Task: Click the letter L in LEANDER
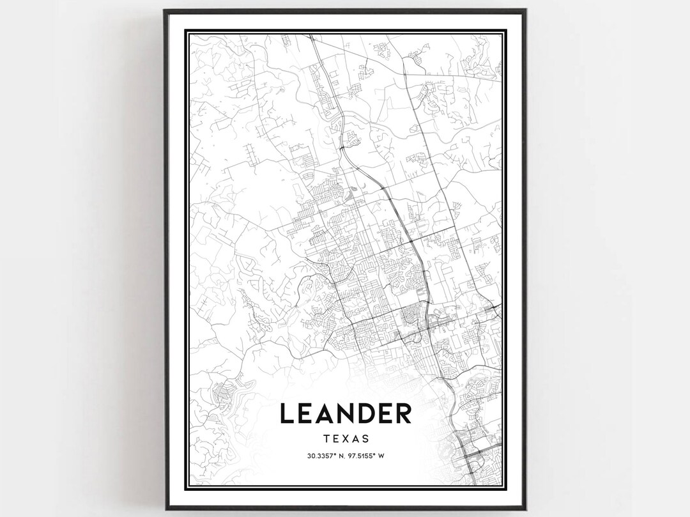coord(287,413)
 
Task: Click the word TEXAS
coord(346,439)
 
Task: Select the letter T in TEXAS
coord(327,439)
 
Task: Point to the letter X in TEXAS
coord(346,439)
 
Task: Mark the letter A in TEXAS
coord(355,439)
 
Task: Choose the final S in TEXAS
coord(365,439)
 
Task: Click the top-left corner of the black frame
coord(165,10)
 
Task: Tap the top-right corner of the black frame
coord(525,10)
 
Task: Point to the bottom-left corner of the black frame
coord(165,509)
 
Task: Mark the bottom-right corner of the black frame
coord(525,509)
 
